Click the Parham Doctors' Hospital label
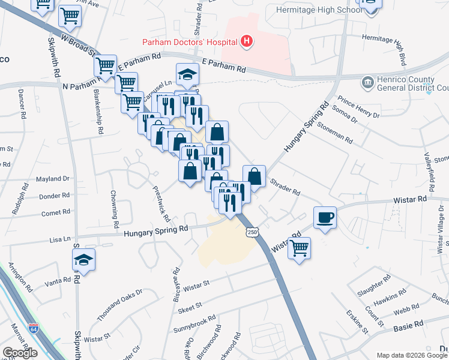tap(189, 41)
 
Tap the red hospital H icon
tap(246, 41)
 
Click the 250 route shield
tap(253, 232)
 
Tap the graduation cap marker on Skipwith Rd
tap(83, 260)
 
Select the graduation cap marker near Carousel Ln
tap(187, 74)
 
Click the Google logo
tap(20, 353)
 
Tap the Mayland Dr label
tap(53, 179)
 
